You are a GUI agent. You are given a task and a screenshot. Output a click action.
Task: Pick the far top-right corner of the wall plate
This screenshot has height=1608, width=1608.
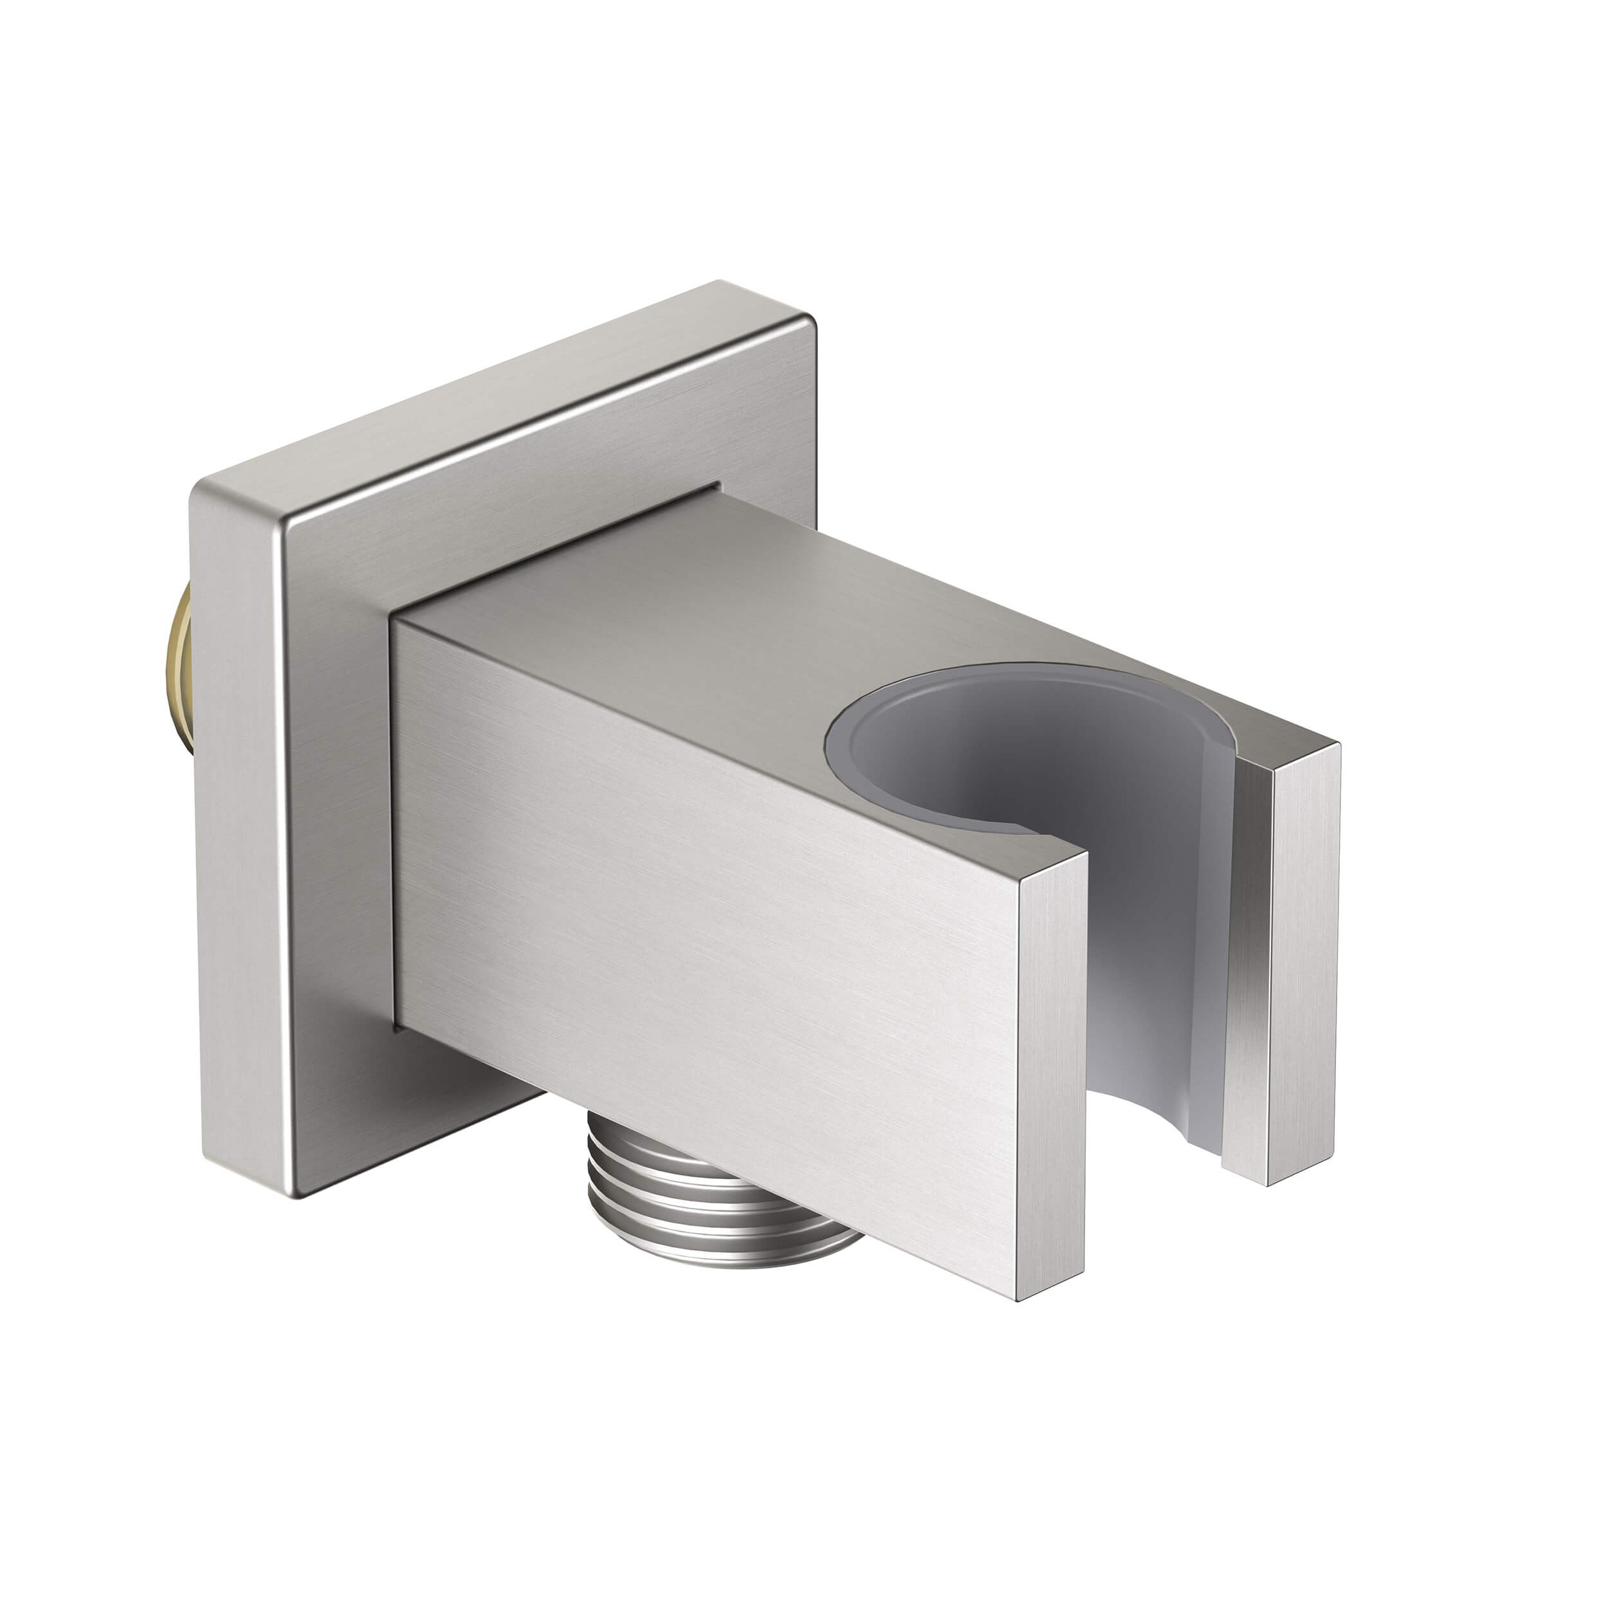803,320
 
